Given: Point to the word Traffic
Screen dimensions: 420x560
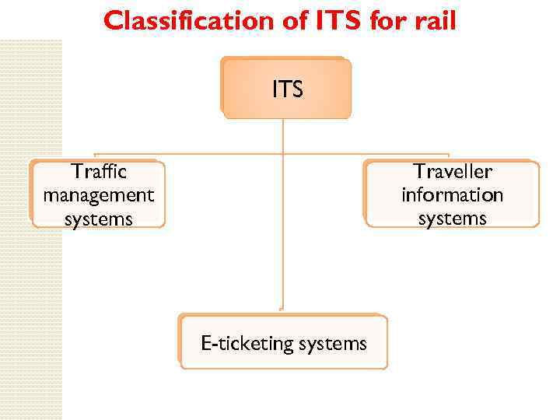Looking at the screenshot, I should click(x=99, y=171).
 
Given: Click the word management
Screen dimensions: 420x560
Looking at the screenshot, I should click(x=99, y=194).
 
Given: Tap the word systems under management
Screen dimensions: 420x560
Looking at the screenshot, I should click(x=99, y=219).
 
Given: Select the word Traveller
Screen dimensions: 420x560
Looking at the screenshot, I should click(x=453, y=171).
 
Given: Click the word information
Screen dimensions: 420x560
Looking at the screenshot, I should click(x=453, y=194).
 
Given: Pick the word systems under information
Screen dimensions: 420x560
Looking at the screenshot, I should click(x=453, y=219).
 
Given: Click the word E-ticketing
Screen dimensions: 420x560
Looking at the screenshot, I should click(x=246, y=343).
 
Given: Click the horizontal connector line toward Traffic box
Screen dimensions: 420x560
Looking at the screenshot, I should click(x=187, y=153).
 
